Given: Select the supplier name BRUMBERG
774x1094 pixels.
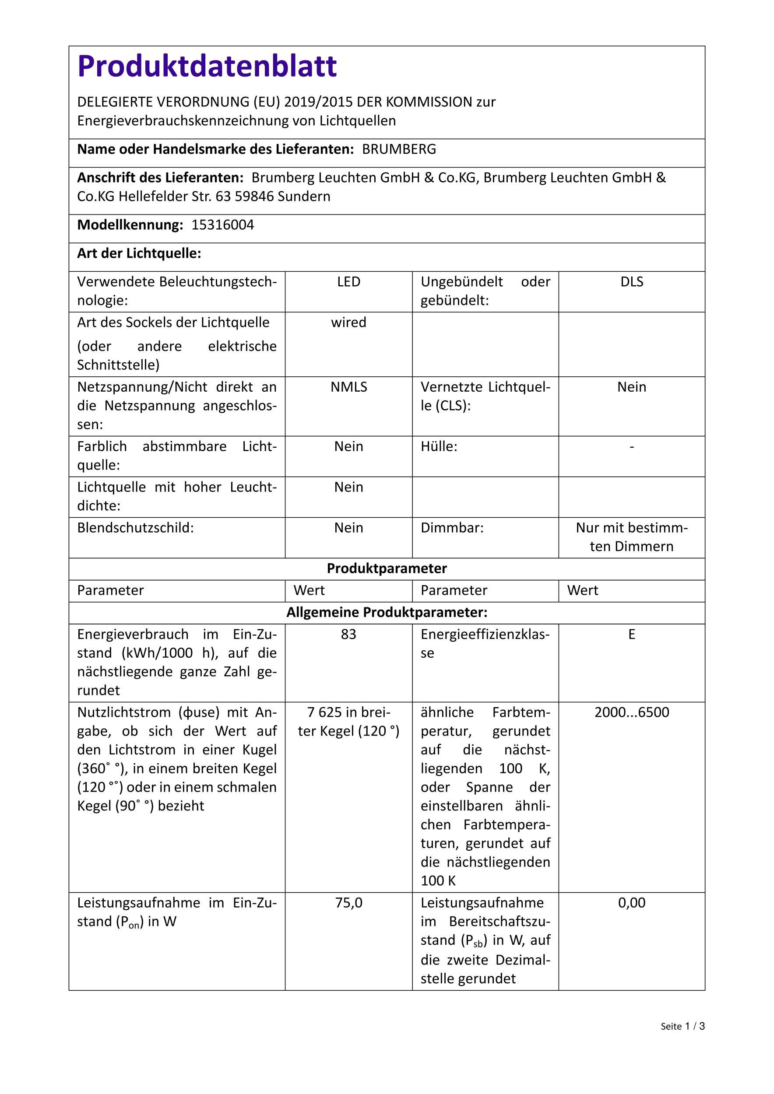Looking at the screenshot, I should coord(399,149).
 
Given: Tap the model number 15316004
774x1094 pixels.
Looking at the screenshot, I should coord(222,225).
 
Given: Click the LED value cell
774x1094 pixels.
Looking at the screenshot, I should coord(348,282).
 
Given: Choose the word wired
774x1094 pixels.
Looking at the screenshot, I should coord(348,323).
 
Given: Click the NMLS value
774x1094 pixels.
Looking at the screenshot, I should coord(348,387).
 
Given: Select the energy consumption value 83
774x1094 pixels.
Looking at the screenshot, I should coord(348,634).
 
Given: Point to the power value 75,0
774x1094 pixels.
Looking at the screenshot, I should coord(348,903).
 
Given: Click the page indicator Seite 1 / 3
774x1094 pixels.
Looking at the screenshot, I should coord(683,1040).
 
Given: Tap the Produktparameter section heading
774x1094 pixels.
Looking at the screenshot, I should coord(387,568).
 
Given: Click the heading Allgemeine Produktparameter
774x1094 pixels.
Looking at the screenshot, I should coord(387,612).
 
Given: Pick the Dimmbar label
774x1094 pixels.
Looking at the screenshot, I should coord(452,528).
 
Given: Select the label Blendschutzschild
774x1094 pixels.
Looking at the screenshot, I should coord(135,528).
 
